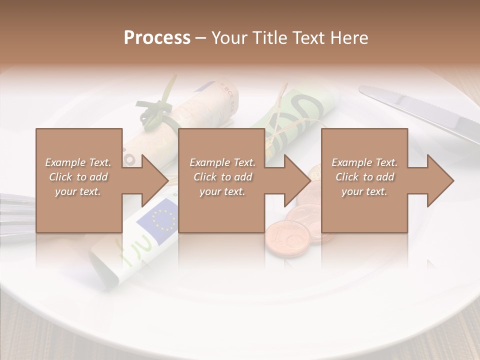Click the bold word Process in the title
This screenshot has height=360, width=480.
pos(157,37)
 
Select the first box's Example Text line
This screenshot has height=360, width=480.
pos(78,162)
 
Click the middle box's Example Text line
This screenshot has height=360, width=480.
pos(222,162)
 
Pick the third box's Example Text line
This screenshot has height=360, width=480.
pos(364,162)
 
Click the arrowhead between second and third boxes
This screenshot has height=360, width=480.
pos(298,180)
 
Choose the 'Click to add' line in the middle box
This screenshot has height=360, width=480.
pos(222,177)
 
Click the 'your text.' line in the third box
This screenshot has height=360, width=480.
pos(364,191)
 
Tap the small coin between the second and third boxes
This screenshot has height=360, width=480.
pos(315,173)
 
